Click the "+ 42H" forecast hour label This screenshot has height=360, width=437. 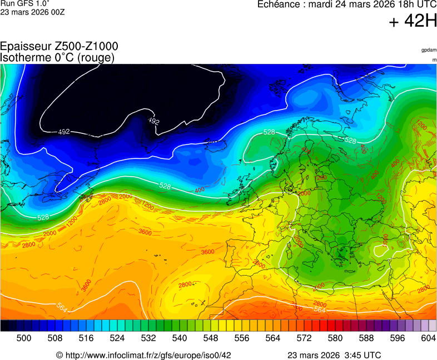413,21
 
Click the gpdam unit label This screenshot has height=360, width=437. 429,50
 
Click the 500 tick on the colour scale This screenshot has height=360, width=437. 23,337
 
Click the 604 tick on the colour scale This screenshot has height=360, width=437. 428,337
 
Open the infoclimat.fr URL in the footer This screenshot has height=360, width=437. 148,355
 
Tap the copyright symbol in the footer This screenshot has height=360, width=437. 59,355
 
